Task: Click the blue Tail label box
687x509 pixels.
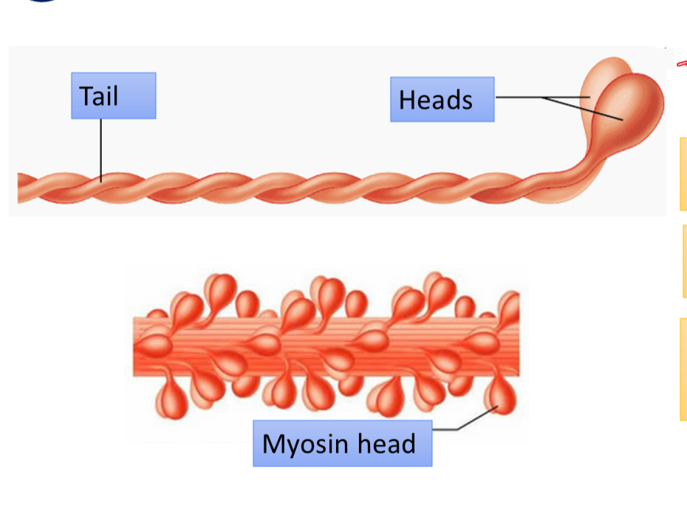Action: point(114,95)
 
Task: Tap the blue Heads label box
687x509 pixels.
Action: point(442,99)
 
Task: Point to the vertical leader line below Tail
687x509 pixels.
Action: point(101,148)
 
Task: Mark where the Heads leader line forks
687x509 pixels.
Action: point(543,98)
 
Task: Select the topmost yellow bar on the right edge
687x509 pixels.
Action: point(683,173)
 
